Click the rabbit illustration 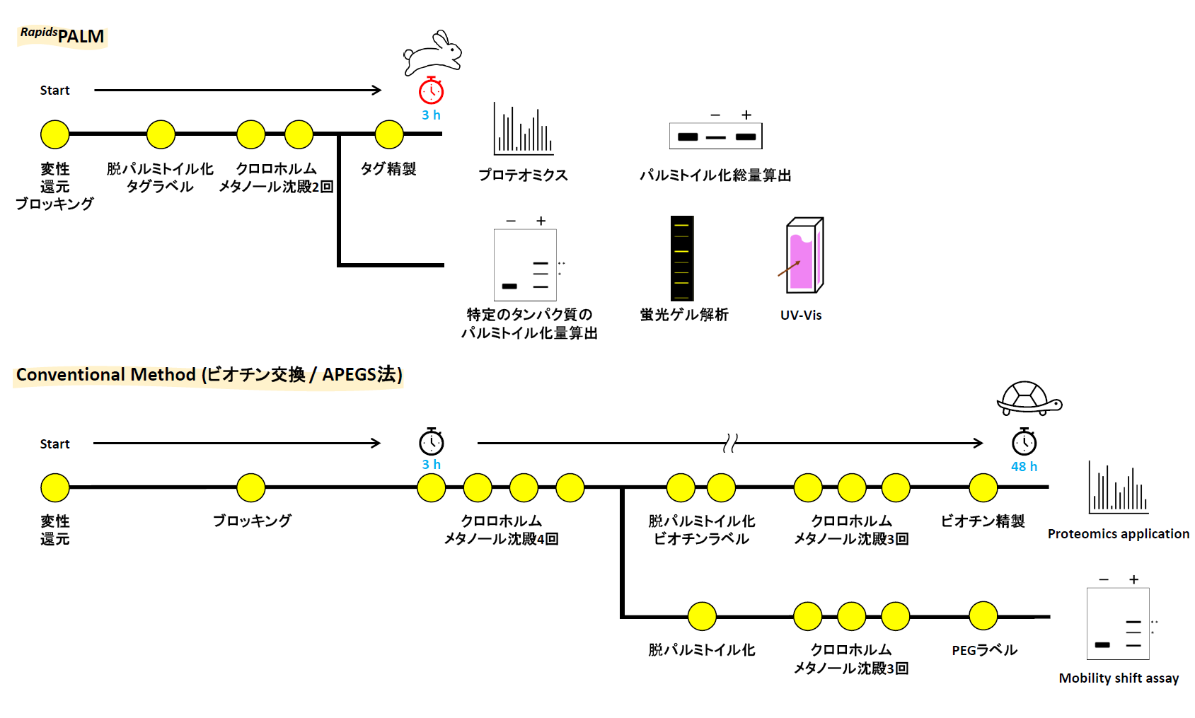tap(432, 52)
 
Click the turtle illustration tap(1029, 399)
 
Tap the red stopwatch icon tap(431, 91)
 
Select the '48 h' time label tap(1024, 466)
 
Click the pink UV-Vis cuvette tap(804, 255)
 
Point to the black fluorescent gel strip tap(682, 258)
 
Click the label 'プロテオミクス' tap(523, 175)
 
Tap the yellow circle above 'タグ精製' tap(389, 134)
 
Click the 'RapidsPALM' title tap(62, 35)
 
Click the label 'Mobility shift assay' tap(1119, 678)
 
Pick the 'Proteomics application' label tap(1118, 533)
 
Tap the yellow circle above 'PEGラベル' tap(983, 616)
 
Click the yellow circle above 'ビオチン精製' tap(983, 487)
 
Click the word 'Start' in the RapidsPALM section tap(54, 91)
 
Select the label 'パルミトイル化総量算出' tap(715, 175)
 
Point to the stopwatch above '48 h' tap(1024, 442)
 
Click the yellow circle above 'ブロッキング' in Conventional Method tap(250, 487)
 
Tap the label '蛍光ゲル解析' tap(683, 315)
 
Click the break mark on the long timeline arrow tap(730, 444)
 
